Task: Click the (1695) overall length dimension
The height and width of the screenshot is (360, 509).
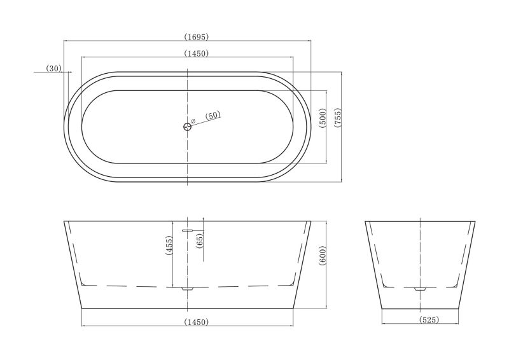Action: pyautogui.click(x=196, y=37)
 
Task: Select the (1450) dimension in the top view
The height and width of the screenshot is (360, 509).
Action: pyautogui.click(x=196, y=53)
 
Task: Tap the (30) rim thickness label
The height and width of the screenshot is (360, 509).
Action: pyautogui.click(x=54, y=69)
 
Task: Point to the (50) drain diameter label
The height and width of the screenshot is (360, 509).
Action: pyautogui.click(x=213, y=116)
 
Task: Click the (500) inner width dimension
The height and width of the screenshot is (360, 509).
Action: pyautogui.click(x=323, y=118)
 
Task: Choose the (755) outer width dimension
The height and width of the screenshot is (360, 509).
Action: pyautogui.click(x=338, y=118)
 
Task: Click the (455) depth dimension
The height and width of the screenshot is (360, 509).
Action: pyautogui.click(x=169, y=246)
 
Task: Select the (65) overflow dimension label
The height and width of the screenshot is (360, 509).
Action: pyautogui.click(x=200, y=241)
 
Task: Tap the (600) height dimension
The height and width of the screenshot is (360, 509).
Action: pyautogui.click(x=323, y=256)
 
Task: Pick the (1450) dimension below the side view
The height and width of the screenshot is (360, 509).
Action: pyautogui.click(x=196, y=322)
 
